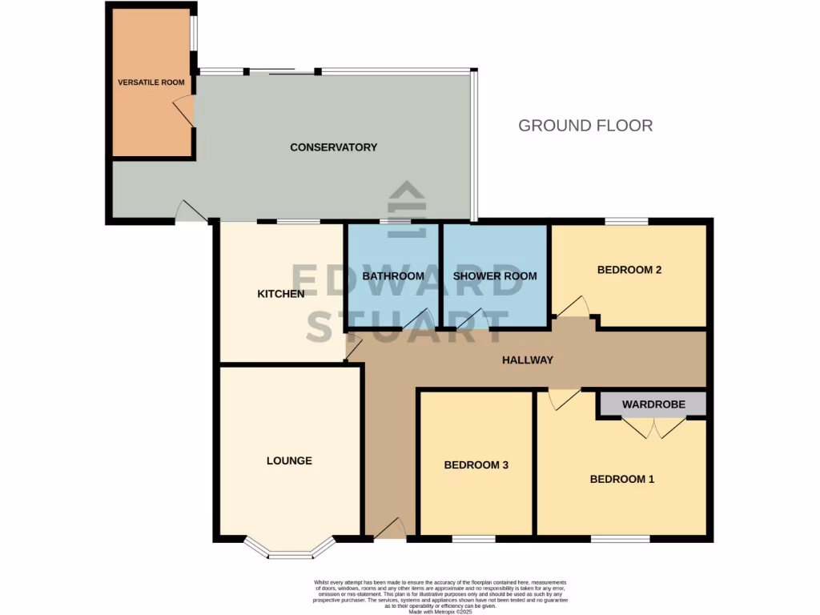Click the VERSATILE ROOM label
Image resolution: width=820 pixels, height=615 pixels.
coord(151,82)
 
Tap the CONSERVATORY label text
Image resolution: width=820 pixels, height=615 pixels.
coord(333,147)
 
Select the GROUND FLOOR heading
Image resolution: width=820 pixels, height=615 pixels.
coord(585,126)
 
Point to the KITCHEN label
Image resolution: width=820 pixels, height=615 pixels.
coord(280,294)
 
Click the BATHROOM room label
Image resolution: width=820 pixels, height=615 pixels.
coord(393,276)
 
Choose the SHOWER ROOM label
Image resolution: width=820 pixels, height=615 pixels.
coord(495,276)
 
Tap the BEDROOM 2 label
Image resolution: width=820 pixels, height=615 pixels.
coord(629,270)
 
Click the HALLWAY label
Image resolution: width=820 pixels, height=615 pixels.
coord(528,360)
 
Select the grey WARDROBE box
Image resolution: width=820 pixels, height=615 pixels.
coord(653,404)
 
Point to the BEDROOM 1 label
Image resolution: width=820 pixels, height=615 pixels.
coord(622,480)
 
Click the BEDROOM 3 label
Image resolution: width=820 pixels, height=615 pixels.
coord(476,465)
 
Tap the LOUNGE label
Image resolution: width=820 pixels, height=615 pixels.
coord(289,460)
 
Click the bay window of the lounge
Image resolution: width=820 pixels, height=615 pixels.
coord(289,552)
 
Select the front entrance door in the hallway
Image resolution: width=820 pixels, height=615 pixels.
coord(389,529)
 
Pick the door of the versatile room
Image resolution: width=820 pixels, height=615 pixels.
coord(183,111)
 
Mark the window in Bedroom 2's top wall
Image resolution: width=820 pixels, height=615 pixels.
coord(626,221)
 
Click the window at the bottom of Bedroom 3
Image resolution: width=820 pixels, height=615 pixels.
coord(473,539)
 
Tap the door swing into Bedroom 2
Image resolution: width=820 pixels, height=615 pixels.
coord(573,306)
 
